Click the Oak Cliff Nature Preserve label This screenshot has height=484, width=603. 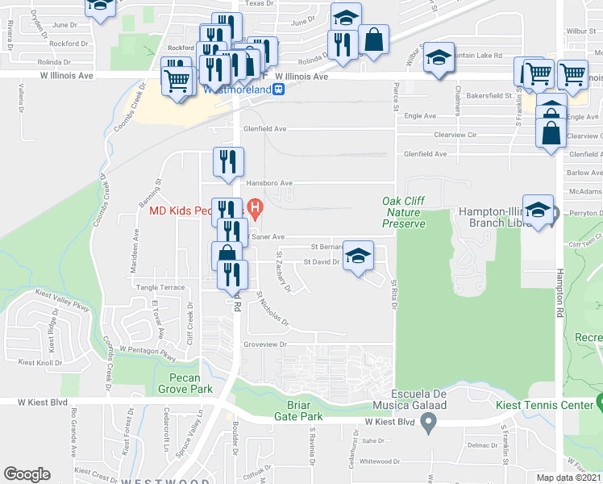(x=404, y=211)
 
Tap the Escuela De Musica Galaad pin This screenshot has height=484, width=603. (x=429, y=420)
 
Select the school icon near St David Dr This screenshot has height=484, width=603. (x=359, y=256)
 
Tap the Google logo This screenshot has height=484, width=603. (x=27, y=474)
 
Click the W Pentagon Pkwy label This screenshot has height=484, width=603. (x=148, y=351)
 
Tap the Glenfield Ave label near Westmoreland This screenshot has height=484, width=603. (x=264, y=128)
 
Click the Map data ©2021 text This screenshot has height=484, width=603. (x=569, y=478)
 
